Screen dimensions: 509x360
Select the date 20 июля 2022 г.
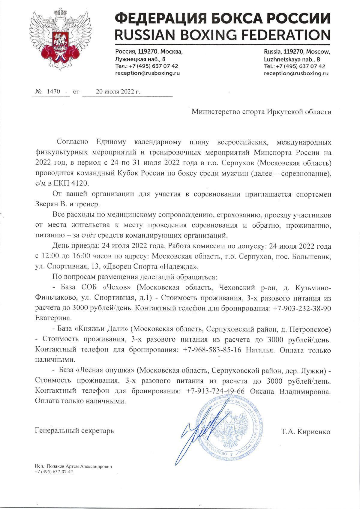118,92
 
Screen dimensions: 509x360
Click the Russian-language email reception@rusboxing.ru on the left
148,73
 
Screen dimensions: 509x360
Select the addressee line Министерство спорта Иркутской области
261,112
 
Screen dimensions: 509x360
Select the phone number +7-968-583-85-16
212,350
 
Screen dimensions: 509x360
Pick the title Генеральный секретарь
74,431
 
